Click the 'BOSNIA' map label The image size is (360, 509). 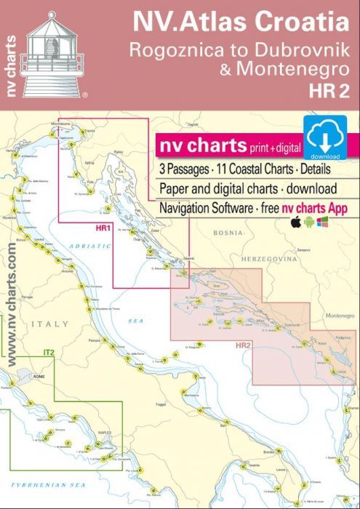point(228,233)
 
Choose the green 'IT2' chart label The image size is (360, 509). point(49,353)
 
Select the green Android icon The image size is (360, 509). point(309,221)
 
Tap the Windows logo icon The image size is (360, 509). point(322,221)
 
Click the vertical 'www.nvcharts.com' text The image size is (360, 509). point(12,305)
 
